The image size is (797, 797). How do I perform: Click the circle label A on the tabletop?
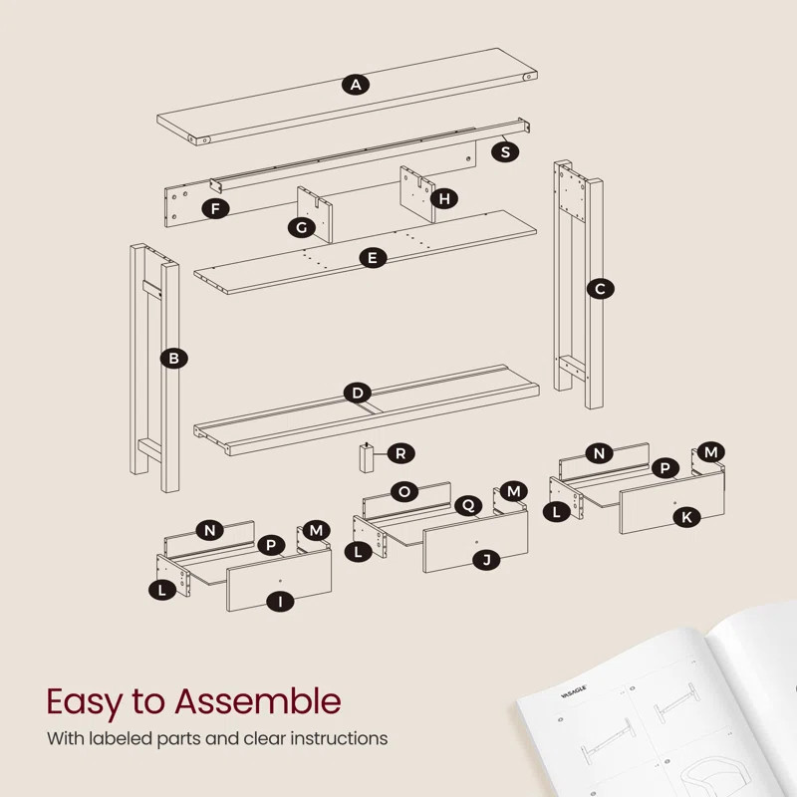point(357,85)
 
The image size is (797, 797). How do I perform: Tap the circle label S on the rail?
point(506,151)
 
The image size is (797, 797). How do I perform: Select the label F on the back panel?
point(214,208)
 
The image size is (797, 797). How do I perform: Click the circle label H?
point(444,198)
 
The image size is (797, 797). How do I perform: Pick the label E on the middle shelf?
point(373,258)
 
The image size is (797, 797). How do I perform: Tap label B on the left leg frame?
point(174,358)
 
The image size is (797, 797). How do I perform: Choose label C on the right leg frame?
point(600,289)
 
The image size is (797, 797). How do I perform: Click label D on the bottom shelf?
point(357,393)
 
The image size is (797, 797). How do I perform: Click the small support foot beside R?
point(367,458)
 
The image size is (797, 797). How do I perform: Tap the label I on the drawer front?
point(281,601)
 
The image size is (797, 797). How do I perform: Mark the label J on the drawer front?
point(486,560)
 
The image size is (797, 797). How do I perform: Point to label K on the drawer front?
point(685,516)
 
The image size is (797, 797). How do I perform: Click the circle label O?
point(403,491)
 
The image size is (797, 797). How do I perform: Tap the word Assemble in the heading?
point(258,701)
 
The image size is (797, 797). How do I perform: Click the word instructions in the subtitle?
point(333,739)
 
